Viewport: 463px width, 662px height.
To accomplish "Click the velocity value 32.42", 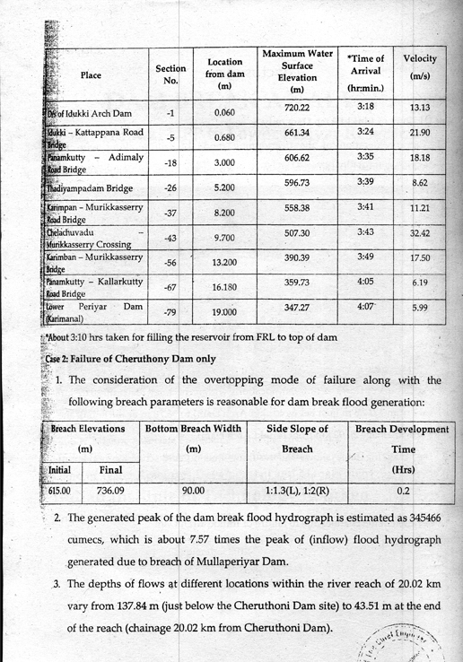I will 420,232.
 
